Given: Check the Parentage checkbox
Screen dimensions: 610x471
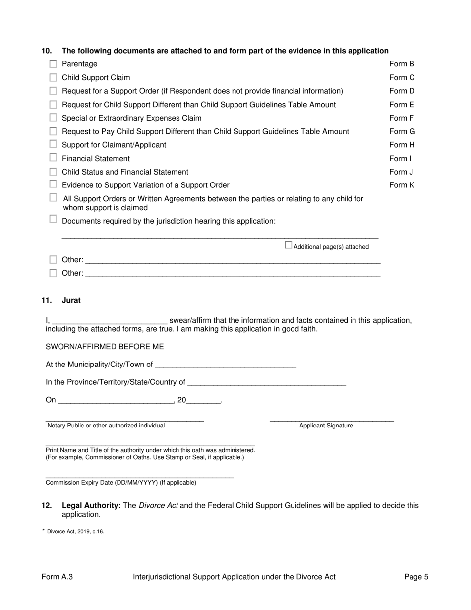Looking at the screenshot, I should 53,64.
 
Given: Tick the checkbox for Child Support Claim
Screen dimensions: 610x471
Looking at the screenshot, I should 53,77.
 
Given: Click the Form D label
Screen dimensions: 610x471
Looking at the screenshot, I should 402,91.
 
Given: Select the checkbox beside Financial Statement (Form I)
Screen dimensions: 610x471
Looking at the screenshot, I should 53,158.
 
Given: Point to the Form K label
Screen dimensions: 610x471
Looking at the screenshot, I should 402,185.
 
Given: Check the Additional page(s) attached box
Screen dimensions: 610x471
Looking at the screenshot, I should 288,245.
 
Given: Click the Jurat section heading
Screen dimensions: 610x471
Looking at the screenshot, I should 71,301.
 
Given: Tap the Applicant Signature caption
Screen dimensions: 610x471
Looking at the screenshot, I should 326,426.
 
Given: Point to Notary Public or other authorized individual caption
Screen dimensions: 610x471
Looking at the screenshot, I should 106,426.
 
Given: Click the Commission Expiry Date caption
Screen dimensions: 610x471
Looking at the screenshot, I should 120,483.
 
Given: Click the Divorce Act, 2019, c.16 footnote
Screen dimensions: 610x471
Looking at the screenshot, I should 75,532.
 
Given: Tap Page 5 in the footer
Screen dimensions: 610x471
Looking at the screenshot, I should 416,577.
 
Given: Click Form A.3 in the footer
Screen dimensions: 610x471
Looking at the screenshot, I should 58,577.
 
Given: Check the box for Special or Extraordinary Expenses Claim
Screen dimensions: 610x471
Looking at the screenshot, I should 53,118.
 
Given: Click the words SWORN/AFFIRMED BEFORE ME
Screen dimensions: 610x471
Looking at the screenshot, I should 105,347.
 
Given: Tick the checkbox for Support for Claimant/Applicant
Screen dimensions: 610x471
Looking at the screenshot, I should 53,145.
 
